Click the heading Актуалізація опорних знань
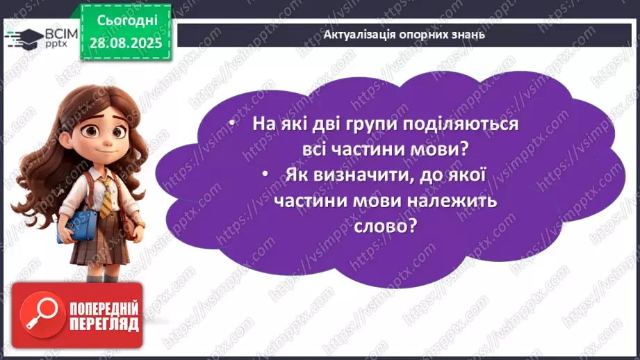pos(404,34)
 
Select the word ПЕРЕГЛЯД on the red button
pos(103,323)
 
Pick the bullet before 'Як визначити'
pos(268,176)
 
